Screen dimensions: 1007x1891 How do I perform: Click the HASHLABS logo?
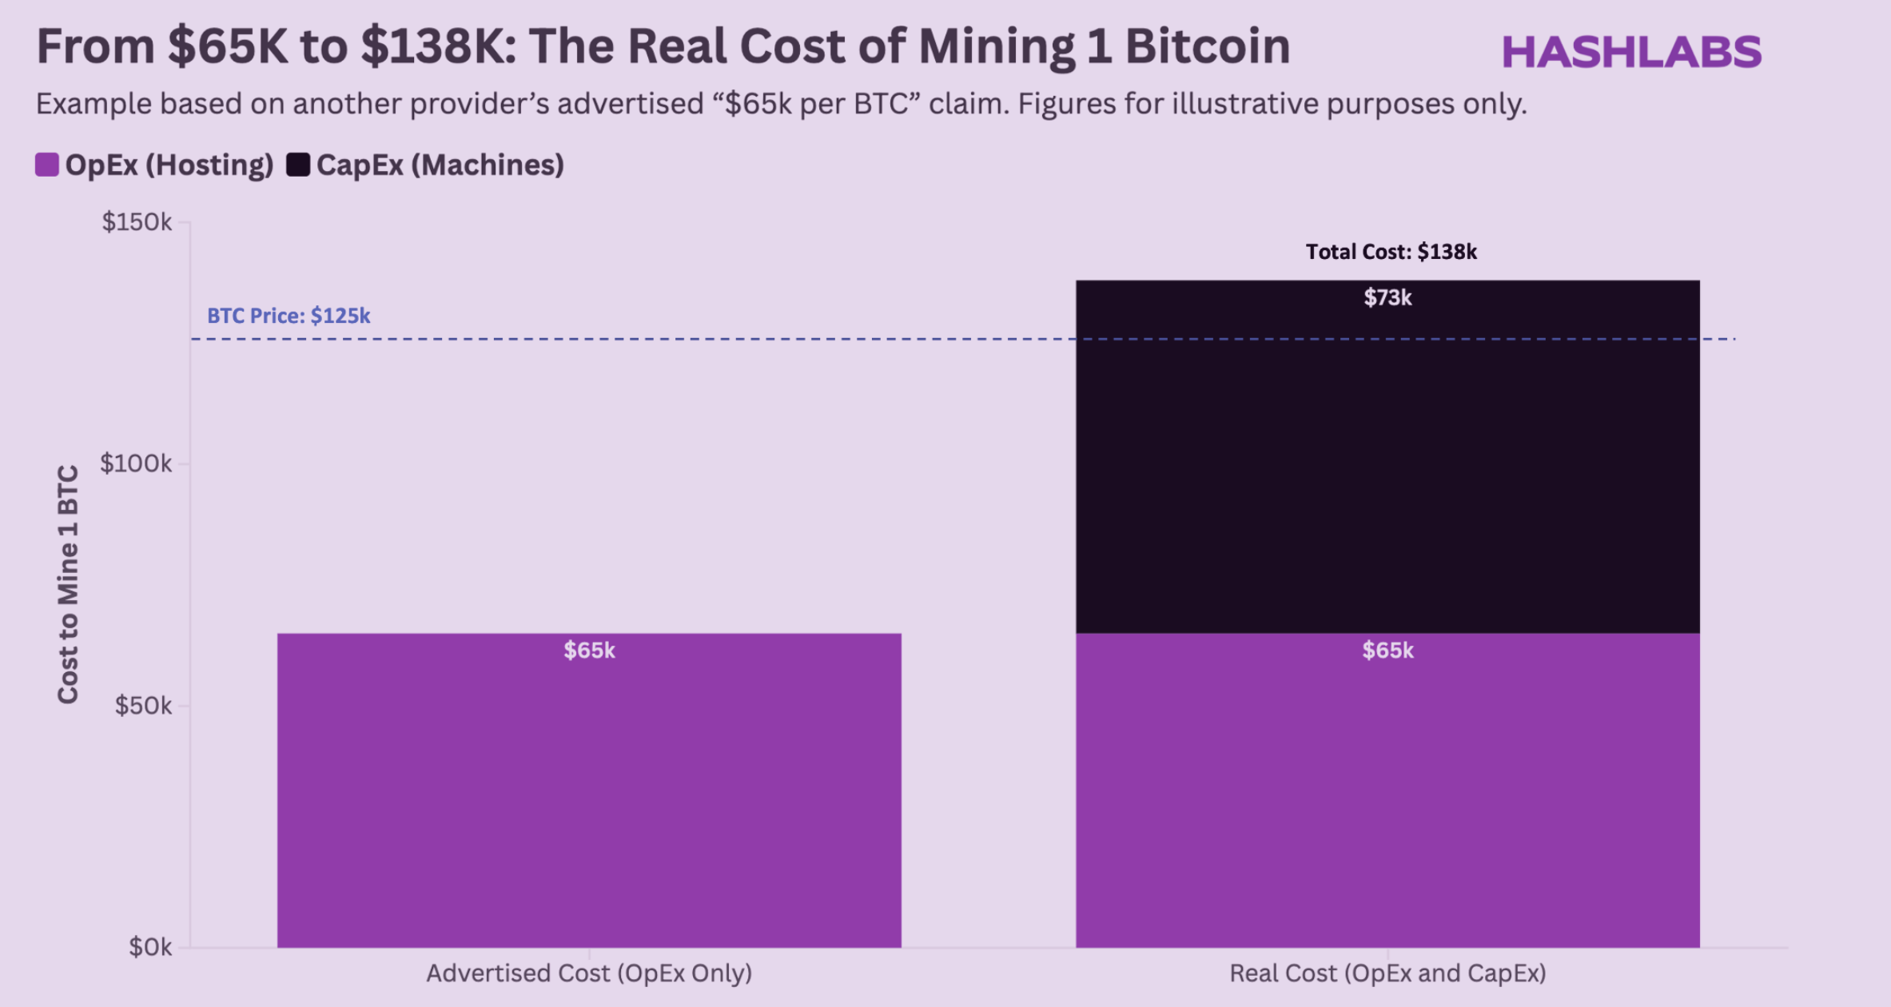[x=1631, y=53]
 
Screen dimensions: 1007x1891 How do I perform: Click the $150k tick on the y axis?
[x=137, y=222]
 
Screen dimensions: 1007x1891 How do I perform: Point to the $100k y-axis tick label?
[x=135, y=464]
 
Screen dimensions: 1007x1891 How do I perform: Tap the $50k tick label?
[x=143, y=706]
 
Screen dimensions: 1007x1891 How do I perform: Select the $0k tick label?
[x=150, y=947]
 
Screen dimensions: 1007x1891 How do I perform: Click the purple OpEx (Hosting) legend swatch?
[x=47, y=165]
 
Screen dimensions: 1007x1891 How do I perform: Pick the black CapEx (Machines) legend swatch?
[x=298, y=165]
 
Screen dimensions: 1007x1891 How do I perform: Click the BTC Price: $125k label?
[x=289, y=316]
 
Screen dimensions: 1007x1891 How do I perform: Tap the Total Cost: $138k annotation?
[x=1391, y=252]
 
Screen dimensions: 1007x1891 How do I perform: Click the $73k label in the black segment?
[x=1387, y=298]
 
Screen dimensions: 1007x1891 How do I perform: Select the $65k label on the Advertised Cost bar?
[x=589, y=651]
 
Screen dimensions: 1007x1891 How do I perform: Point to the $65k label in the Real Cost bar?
[x=1387, y=651]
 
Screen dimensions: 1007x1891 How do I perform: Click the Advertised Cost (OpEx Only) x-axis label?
[x=589, y=973]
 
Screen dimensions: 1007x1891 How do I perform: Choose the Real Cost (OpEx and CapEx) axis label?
[x=1387, y=973]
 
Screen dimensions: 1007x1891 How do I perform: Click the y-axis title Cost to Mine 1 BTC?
[x=68, y=583]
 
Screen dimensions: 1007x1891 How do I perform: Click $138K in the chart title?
[x=432, y=46]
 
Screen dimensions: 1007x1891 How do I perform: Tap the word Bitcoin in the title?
[x=1208, y=46]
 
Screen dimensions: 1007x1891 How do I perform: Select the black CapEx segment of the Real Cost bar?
[x=1387, y=480]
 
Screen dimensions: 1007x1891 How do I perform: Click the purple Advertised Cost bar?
[x=589, y=799]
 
